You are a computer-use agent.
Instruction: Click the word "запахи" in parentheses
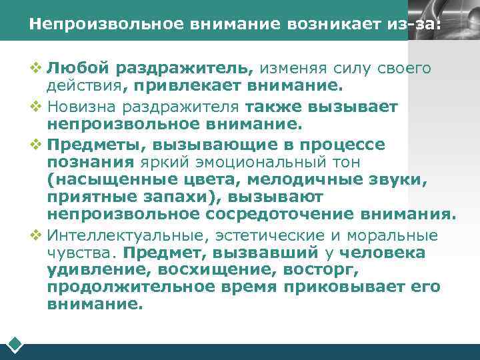pyautogui.click(x=183, y=197)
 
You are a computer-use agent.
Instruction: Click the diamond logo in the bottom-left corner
pyautogui.click(x=15, y=345)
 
